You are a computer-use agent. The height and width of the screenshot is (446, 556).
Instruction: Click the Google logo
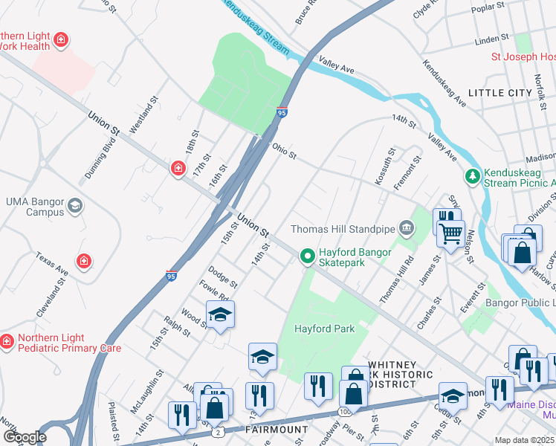[25, 437]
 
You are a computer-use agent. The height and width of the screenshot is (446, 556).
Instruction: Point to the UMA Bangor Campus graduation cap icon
[74, 206]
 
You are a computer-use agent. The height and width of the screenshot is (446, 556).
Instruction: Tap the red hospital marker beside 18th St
[178, 169]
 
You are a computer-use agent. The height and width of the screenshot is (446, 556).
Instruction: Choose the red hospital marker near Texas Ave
[84, 261]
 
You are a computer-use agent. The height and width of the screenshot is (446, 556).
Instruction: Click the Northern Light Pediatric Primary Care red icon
[7, 341]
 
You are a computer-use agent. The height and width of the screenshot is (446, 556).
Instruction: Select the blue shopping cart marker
[450, 234]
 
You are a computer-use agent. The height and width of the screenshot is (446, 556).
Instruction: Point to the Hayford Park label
[324, 329]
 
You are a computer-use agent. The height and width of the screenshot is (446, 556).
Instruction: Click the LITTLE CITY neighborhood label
[500, 93]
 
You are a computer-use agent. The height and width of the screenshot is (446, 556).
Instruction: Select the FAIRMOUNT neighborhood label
[277, 430]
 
